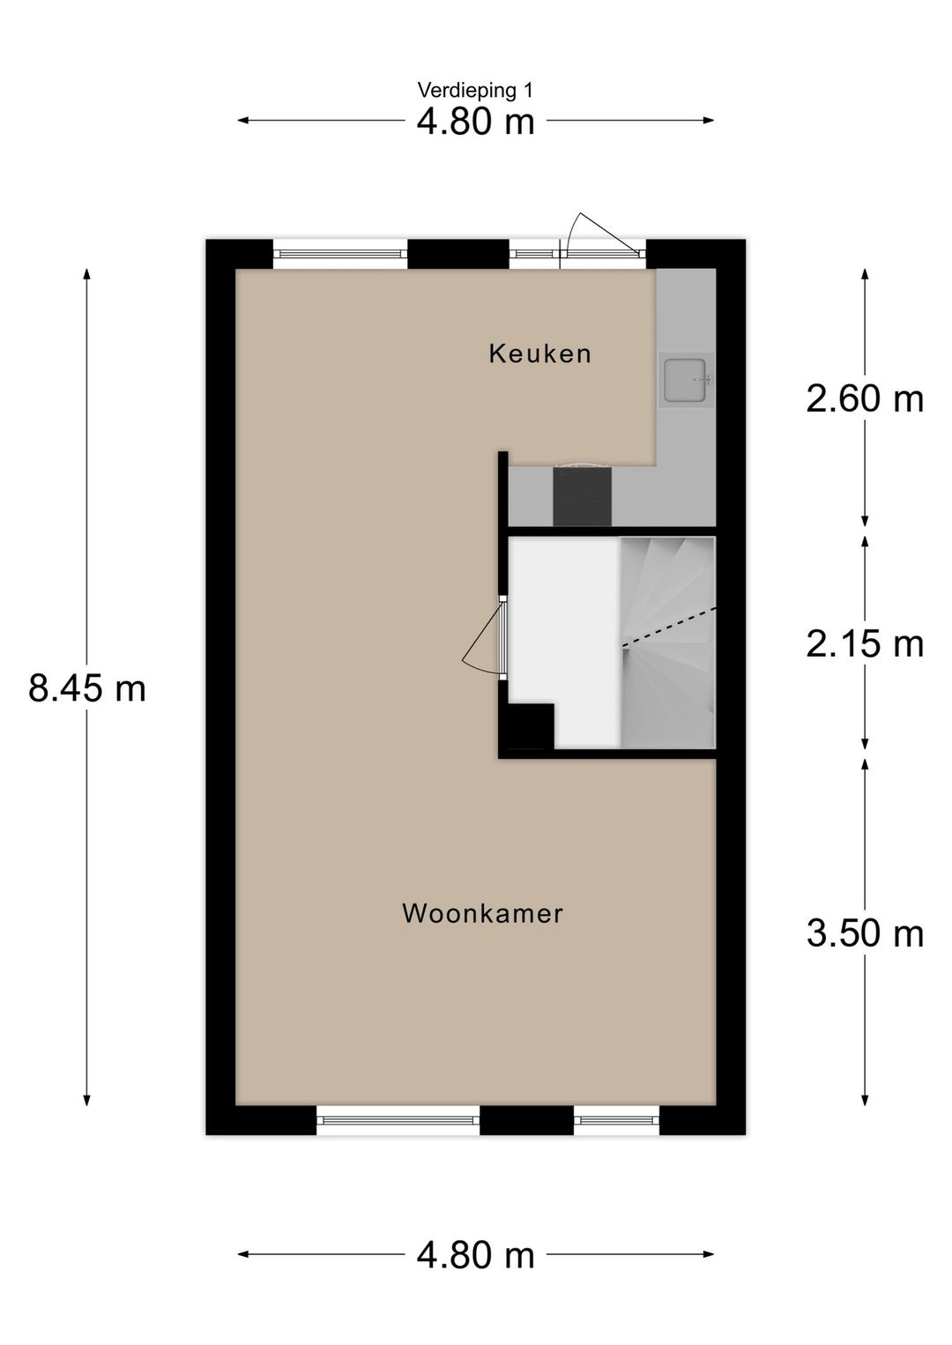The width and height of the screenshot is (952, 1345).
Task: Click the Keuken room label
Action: coord(539,354)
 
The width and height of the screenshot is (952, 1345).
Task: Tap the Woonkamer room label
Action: coord(482,913)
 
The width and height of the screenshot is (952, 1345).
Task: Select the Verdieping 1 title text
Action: coord(475,90)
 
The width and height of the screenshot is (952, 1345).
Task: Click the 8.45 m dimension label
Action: coord(87,688)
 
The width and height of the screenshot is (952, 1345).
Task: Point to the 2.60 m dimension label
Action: coord(865,399)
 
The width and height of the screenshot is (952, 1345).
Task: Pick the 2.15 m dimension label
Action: coord(865,644)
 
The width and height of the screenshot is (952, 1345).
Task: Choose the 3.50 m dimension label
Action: coord(865,933)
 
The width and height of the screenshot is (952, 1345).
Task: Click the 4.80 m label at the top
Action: coord(475,122)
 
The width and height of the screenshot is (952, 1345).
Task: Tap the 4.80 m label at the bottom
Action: coord(475,1254)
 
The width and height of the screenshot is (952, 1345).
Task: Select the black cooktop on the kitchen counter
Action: coord(582,496)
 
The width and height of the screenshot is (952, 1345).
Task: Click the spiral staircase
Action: coord(668,642)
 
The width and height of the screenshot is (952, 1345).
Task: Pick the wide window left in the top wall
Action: coord(340,255)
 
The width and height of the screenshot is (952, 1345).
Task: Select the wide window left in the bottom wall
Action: coord(398,1120)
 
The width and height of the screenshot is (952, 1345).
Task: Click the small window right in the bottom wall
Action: coord(616,1120)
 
